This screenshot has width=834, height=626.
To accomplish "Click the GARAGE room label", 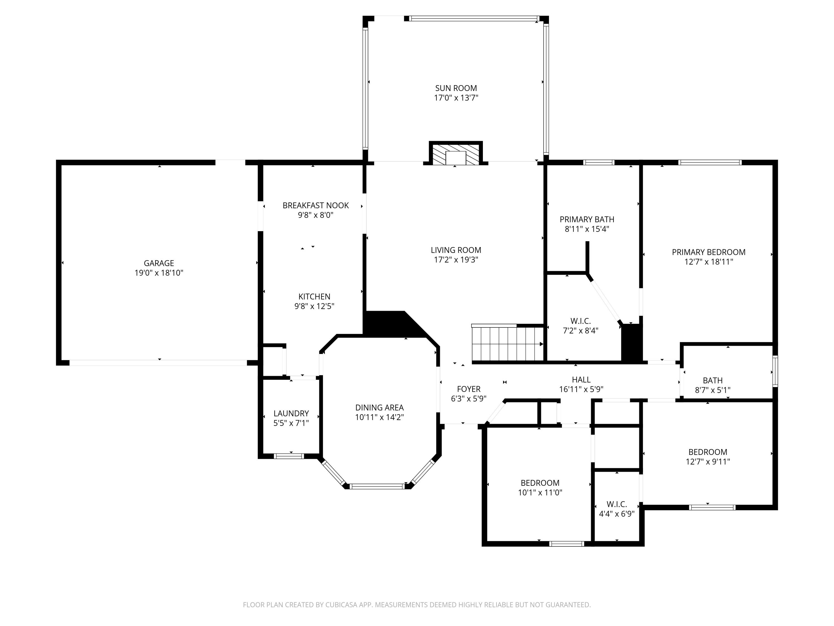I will click(159, 263).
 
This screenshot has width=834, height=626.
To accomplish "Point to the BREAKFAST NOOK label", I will click(316, 205).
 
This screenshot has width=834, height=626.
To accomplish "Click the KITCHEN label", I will click(314, 297).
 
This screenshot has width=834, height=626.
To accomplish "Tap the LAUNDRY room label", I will click(291, 413).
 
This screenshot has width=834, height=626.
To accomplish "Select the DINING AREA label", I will click(379, 408).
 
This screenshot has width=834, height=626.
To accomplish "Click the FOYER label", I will click(469, 389).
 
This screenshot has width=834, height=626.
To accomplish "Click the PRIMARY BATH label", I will click(587, 219).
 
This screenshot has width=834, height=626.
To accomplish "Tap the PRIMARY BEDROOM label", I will click(708, 252).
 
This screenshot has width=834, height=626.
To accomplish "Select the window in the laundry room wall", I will click(289, 456).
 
